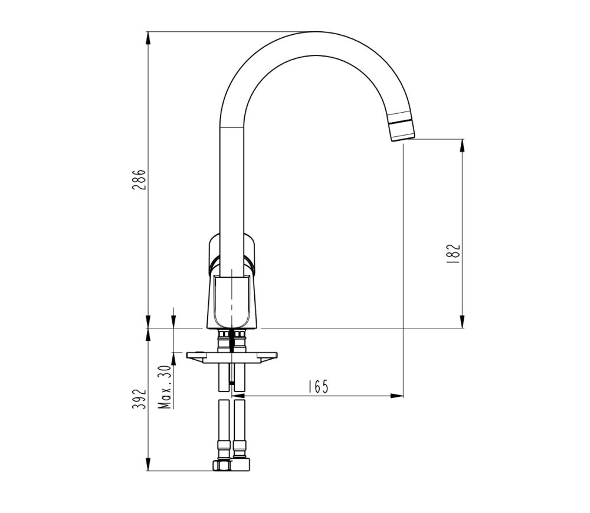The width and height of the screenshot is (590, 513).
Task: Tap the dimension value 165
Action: point(317,387)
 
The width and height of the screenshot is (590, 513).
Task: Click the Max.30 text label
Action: point(165,387)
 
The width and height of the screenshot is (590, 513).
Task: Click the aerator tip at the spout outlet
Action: point(402,130)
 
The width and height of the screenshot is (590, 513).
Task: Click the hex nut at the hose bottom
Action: point(231,465)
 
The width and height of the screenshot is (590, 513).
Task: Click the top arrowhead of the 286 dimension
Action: point(147,37)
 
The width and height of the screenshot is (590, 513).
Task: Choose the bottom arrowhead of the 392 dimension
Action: point(147,465)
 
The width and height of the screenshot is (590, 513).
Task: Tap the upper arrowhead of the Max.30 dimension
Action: point(173,322)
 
